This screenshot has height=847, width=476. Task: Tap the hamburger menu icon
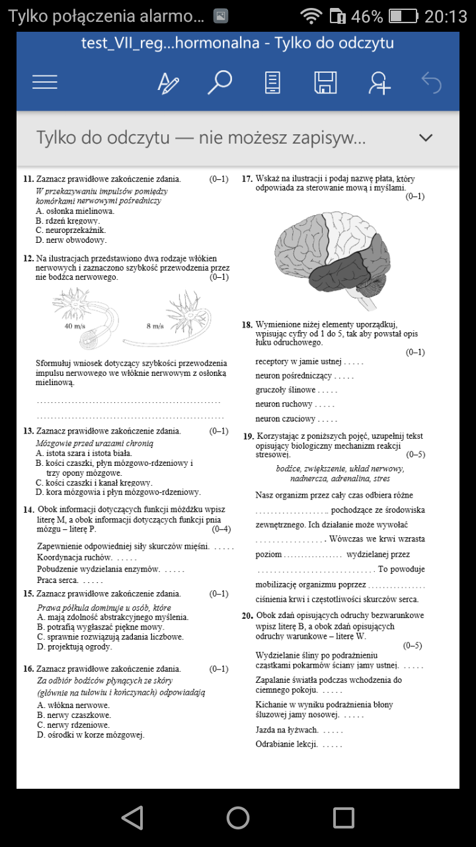pyautogui.click(x=45, y=82)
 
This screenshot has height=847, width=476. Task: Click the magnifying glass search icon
pyautogui.click(x=219, y=82)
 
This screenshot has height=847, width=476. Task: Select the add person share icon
pyautogui.click(x=379, y=83)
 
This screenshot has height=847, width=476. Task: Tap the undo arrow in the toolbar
pyautogui.click(x=431, y=83)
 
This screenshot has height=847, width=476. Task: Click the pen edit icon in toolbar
pyautogui.click(x=168, y=83)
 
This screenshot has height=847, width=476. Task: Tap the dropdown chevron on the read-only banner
pyautogui.click(x=426, y=138)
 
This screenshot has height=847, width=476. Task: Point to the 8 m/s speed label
pyautogui.click(x=155, y=326)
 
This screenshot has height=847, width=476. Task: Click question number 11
pyautogui.click(x=28, y=179)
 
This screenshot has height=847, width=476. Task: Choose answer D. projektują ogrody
pyautogui.click(x=75, y=646)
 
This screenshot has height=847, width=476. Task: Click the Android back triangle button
pyautogui.click(x=133, y=818)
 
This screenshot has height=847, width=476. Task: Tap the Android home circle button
pyautogui.click(x=238, y=818)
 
